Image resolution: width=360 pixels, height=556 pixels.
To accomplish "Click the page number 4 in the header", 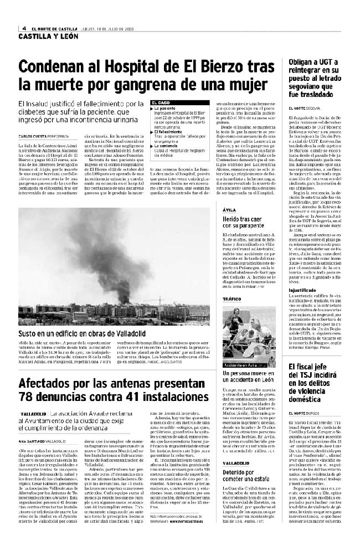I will click(24, 29).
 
